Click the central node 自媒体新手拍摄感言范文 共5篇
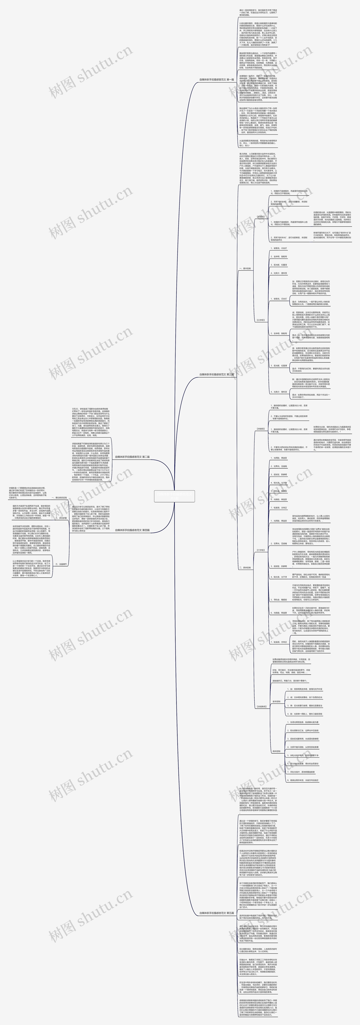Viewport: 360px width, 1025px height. (x=174, y=496)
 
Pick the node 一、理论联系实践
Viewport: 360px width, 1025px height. (x=59, y=497)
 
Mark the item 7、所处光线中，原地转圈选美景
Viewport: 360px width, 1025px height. (x=302, y=772)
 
